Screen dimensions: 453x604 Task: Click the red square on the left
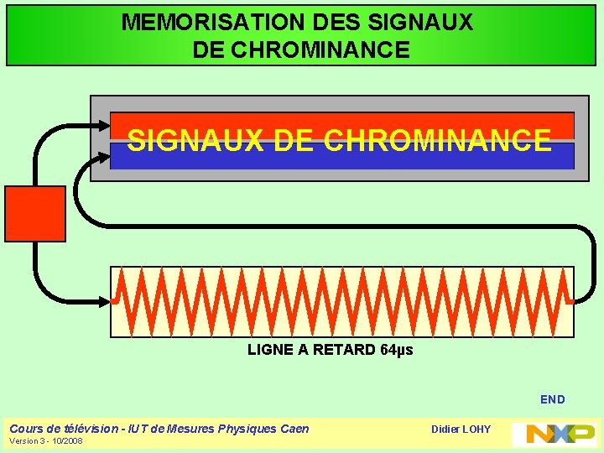pyautogui.click(x=35, y=214)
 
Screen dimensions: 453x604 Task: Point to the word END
pyautogui.click(x=552, y=399)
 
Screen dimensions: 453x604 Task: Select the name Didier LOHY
pyautogui.click(x=461, y=430)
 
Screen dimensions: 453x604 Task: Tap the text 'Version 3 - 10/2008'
pyautogui.click(x=45, y=441)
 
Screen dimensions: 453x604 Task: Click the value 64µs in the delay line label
pyautogui.click(x=398, y=350)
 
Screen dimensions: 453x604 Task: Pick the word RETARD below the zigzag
pyautogui.click(x=344, y=350)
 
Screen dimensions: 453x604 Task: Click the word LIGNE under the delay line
pyautogui.click(x=270, y=350)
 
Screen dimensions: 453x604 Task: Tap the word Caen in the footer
pyautogui.click(x=294, y=429)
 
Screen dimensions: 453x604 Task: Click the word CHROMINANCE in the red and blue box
pyautogui.click(x=436, y=141)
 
